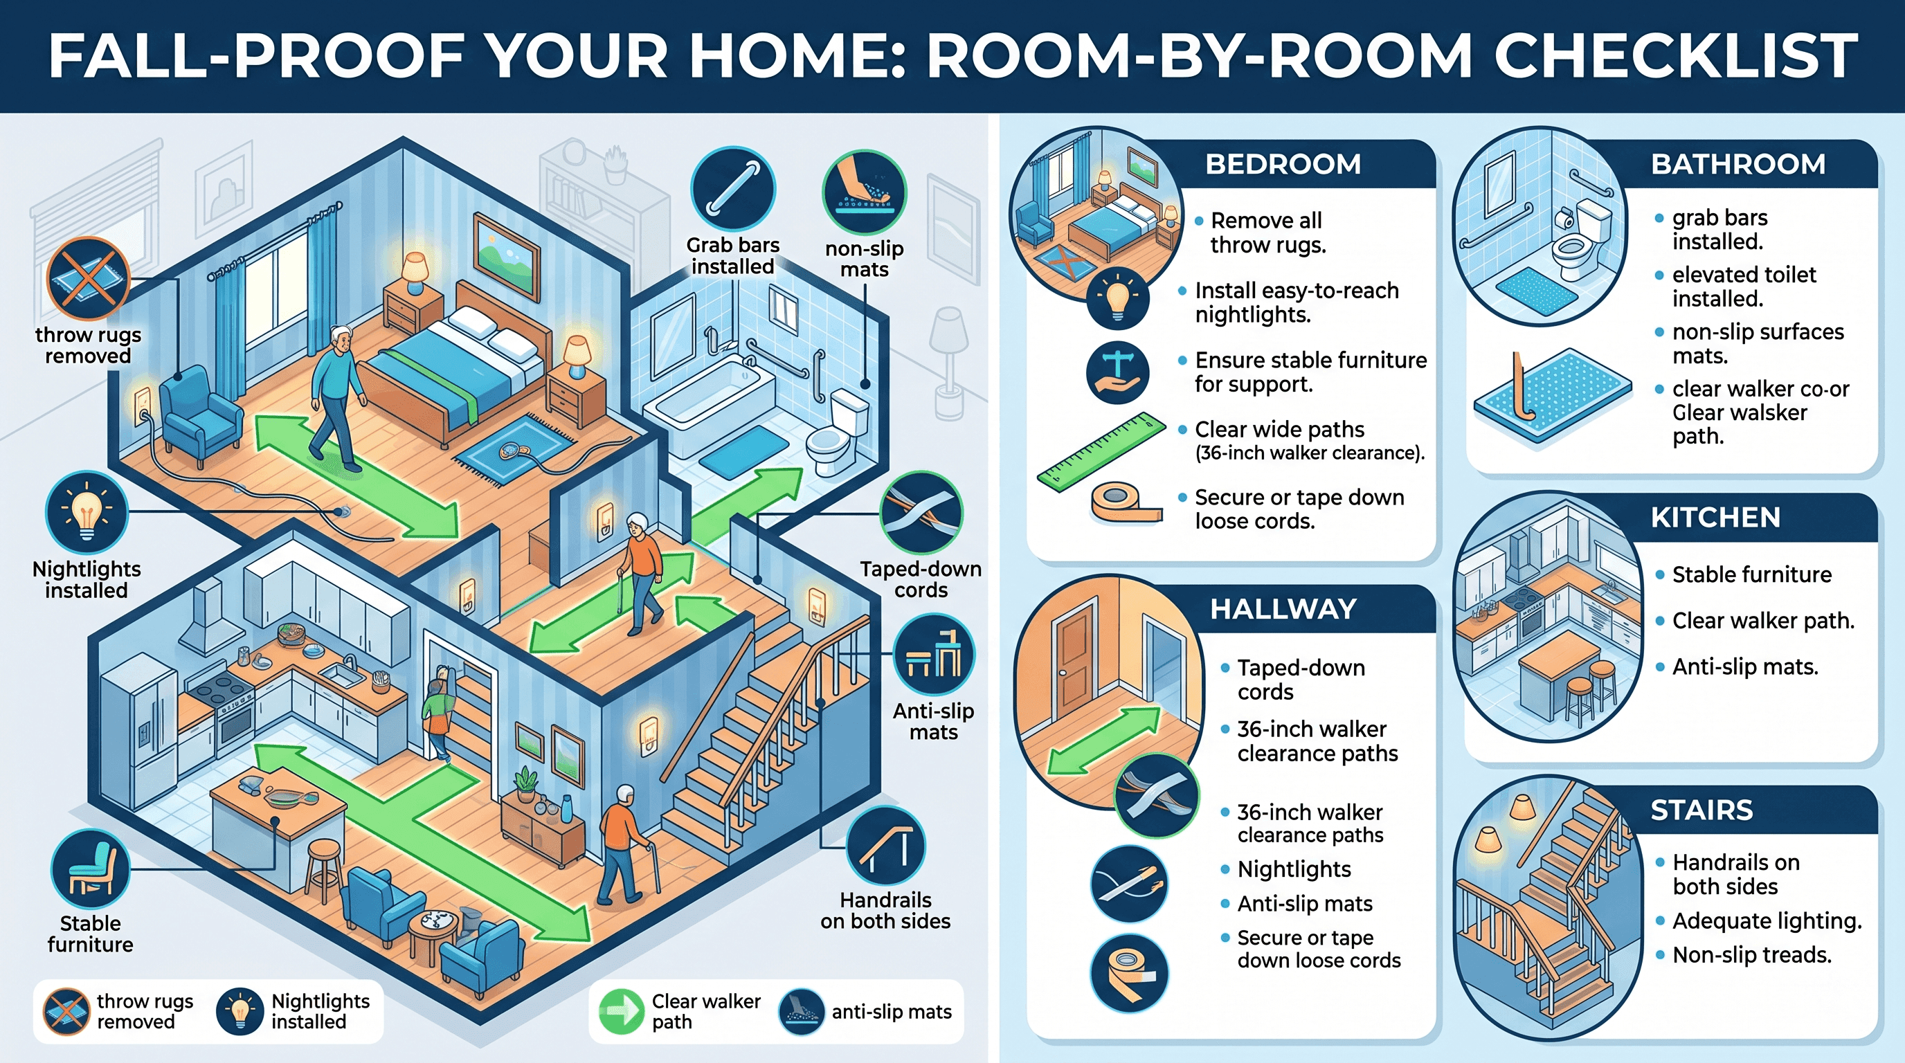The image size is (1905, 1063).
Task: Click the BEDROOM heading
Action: point(1283,163)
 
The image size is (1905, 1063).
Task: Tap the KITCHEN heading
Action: point(1716,518)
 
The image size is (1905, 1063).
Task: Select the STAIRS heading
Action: point(1701,810)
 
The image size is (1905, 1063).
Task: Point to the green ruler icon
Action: point(1101,452)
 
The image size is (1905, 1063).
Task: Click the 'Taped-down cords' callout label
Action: point(921,579)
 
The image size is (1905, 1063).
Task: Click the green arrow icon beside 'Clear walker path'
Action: point(621,1011)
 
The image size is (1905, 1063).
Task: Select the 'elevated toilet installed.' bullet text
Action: point(1744,287)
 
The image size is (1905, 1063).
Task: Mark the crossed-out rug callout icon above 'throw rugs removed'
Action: point(88,278)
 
